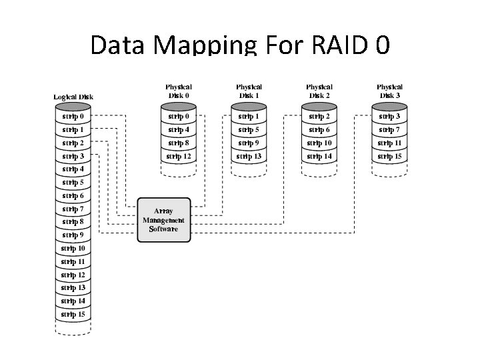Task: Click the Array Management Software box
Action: (x=163, y=220)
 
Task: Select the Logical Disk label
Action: (x=73, y=97)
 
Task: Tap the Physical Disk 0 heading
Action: (x=179, y=91)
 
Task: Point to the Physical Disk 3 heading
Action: (x=389, y=91)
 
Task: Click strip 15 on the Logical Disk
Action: (x=73, y=314)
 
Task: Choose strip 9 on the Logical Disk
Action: (x=73, y=235)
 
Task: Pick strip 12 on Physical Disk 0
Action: (x=179, y=157)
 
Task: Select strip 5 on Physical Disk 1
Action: (x=249, y=130)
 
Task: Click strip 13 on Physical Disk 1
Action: (x=249, y=157)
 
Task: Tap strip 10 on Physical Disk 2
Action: (x=319, y=143)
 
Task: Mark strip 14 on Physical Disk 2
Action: (x=319, y=157)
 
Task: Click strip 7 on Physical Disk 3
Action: (x=389, y=130)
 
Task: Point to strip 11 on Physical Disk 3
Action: (x=389, y=143)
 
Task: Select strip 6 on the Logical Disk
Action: (x=73, y=196)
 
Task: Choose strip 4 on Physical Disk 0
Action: (x=179, y=130)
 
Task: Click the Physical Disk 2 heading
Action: (x=319, y=91)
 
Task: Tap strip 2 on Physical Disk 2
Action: (x=319, y=117)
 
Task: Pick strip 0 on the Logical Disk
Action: (x=73, y=117)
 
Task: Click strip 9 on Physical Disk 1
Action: (x=249, y=143)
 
